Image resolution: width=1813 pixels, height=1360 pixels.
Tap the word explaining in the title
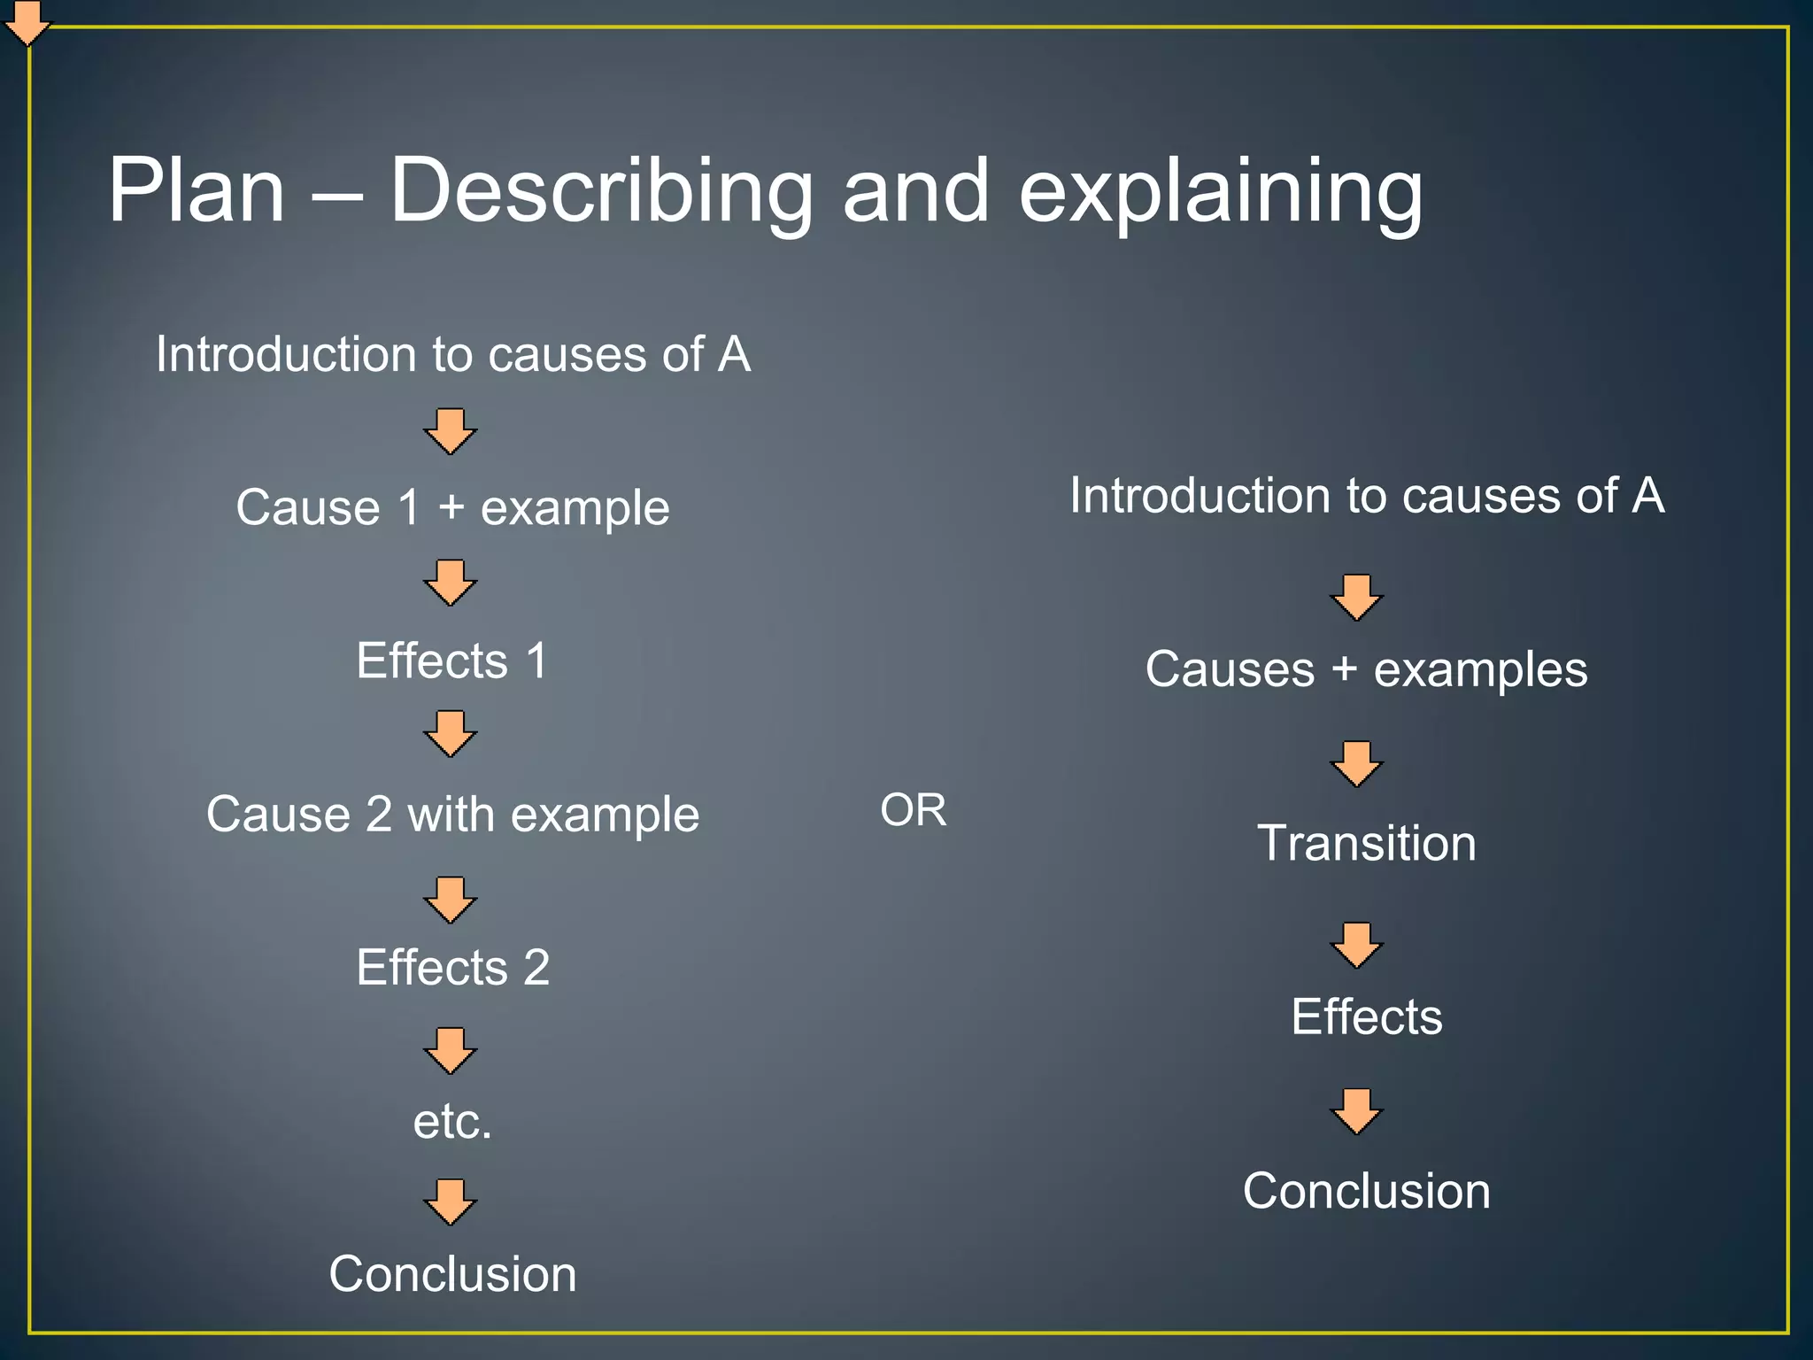click(x=1221, y=193)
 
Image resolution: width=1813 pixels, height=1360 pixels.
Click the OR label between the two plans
click(x=913, y=810)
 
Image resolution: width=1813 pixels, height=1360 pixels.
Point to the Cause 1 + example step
click(x=452, y=507)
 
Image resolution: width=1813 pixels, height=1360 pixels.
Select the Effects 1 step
click(x=452, y=661)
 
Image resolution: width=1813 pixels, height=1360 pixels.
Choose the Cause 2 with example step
click(x=452, y=815)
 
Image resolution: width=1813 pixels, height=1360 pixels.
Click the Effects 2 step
click(x=452, y=967)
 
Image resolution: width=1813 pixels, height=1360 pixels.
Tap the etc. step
click(x=452, y=1121)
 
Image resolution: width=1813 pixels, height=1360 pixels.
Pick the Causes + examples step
click(x=1366, y=669)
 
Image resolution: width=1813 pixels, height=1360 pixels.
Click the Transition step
click(x=1366, y=843)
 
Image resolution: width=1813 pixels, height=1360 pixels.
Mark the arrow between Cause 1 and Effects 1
click(x=451, y=583)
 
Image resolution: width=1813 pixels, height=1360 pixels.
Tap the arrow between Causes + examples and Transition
click(x=1357, y=764)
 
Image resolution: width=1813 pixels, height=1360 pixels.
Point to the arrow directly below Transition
click(x=1357, y=946)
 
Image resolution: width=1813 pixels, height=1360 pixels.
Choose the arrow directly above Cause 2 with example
click(x=451, y=733)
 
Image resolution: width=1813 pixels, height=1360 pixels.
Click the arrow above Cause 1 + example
click(x=451, y=431)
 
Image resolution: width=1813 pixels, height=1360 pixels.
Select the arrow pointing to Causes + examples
click(x=1357, y=598)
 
